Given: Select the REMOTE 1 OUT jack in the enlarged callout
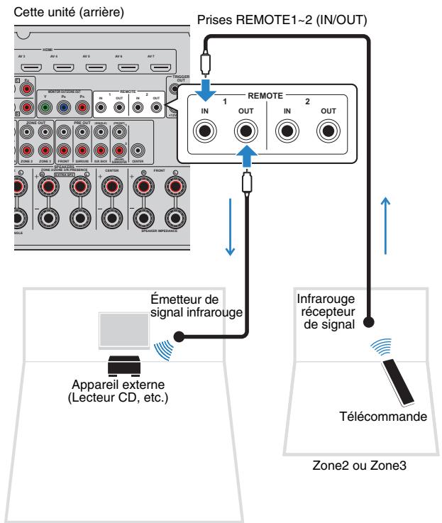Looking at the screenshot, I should [245, 131].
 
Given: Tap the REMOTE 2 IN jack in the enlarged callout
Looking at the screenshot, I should [288, 131].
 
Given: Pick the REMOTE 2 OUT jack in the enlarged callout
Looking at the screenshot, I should [328, 131].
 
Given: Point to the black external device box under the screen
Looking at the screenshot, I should [124, 366].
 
